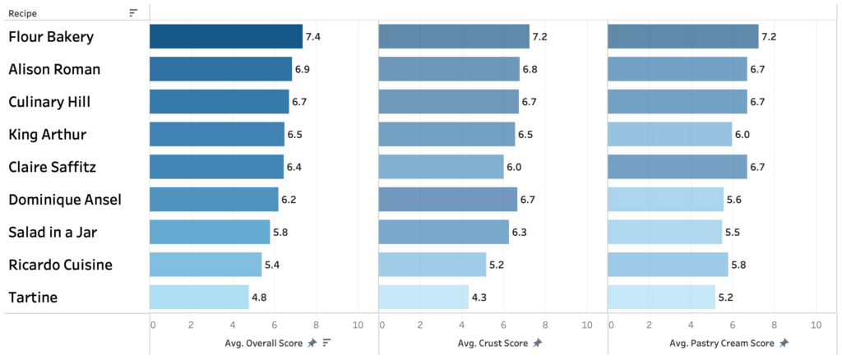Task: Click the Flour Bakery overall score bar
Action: [x=226, y=37]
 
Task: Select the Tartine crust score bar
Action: [x=423, y=297]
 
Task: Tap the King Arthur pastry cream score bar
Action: [x=669, y=134]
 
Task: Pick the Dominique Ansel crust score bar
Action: [x=447, y=199]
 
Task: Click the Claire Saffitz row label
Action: [x=53, y=167]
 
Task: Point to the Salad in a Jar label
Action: [x=53, y=232]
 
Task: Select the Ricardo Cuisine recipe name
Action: [x=60, y=265]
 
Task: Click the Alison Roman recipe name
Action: [x=54, y=69]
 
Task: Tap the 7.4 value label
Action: [x=313, y=37]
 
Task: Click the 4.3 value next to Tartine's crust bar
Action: [x=479, y=297]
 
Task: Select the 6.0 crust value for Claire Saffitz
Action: [x=515, y=167]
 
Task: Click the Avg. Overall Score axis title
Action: [x=264, y=343]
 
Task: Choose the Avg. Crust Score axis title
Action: [x=493, y=343]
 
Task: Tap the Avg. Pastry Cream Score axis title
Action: [x=721, y=343]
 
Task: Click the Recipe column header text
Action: [x=22, y=12]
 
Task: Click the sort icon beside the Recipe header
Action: [x=133, y=12]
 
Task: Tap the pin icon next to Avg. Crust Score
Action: [x=537, y=343]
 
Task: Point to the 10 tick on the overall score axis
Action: [x=357, y=325]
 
